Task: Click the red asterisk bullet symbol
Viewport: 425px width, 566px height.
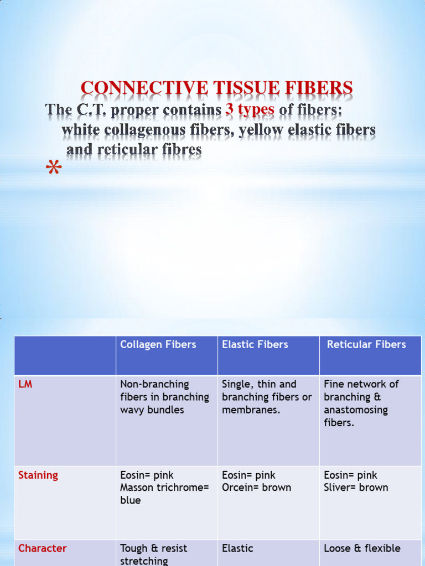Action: (x=54, y=169)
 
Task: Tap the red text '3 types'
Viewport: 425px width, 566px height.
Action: (x=250, y=109)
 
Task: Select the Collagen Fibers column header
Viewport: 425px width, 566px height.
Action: (x=158, y=344)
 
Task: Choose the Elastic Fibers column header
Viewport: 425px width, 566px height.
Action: (x=255, y=344)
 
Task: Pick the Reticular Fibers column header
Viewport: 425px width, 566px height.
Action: (x=366, y=344)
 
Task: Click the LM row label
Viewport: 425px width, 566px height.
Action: (x=25, y=384)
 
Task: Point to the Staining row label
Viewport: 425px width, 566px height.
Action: (x=38, y=475)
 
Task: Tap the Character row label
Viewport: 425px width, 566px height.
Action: (x=43, y=548)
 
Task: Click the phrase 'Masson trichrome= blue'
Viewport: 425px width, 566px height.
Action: (x=164, y=494)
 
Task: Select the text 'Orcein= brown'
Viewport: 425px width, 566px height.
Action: (x=256, y=488)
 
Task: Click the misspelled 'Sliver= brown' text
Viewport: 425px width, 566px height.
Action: (x=356, y=488)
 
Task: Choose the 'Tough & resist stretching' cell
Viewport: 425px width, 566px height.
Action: (x=154, y=554)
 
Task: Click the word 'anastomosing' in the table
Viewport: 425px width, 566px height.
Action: (x=356, y=410)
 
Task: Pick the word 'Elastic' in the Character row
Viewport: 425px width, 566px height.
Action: (x=237, y=548)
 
